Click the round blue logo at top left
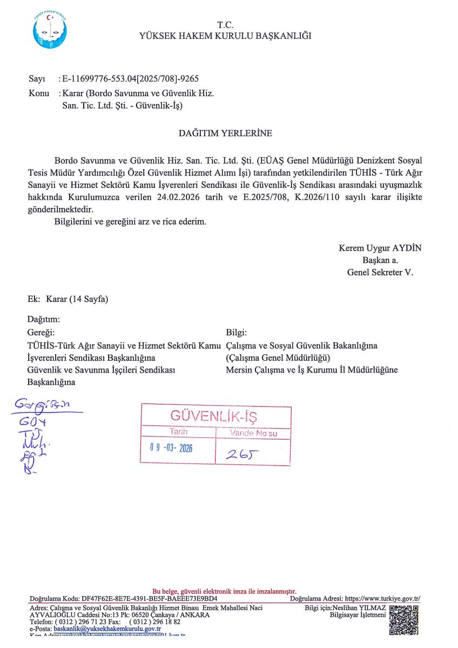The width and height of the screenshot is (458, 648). [x=50, y=30]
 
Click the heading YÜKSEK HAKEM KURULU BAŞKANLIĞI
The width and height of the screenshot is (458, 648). [x=225, y=36]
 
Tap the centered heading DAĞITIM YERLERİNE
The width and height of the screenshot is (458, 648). [x=225, y=133]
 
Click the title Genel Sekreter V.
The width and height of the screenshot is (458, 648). [x=380, y=273]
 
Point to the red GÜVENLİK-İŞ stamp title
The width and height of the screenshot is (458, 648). [x=214, y=416]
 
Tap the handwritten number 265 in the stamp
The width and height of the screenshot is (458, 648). [x=240, y=455]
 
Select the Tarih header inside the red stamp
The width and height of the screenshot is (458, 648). [x=179, y=432]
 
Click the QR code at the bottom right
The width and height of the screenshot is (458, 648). [x=404, y=619]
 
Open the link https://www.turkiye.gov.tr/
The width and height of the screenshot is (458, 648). [x=382, y=598]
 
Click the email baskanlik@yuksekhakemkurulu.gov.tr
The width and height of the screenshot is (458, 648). [x=107, y=629]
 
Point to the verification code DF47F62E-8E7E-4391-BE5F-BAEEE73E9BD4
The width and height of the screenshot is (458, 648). [x=149, y=598]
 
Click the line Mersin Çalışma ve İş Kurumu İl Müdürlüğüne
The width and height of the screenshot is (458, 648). [x=312, y=370]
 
